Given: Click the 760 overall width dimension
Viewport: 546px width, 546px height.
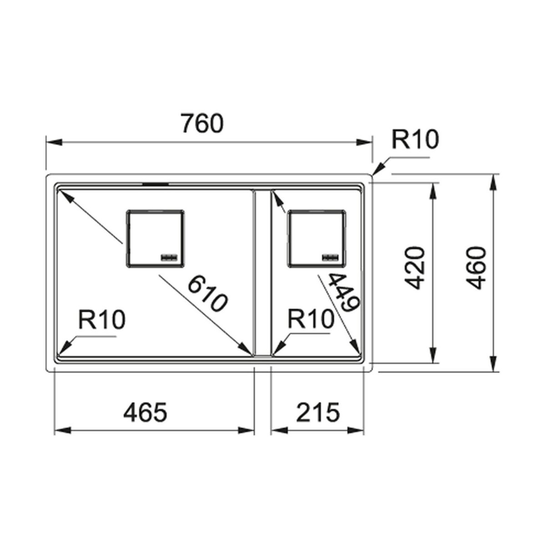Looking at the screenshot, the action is (x=202, y=124).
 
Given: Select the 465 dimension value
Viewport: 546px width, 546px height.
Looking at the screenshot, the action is (x=145, y=412).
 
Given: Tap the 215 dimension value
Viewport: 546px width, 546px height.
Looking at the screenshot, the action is (x=318, y=412).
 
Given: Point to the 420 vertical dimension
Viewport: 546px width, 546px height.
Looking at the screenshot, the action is (x=414, y=268).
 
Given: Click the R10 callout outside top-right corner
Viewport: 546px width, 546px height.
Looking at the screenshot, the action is (x=415, y=139).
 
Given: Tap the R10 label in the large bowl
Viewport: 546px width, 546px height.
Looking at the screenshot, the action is (x=102, y=319).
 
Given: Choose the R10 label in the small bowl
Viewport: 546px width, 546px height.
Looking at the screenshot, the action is (x=310, y=319).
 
